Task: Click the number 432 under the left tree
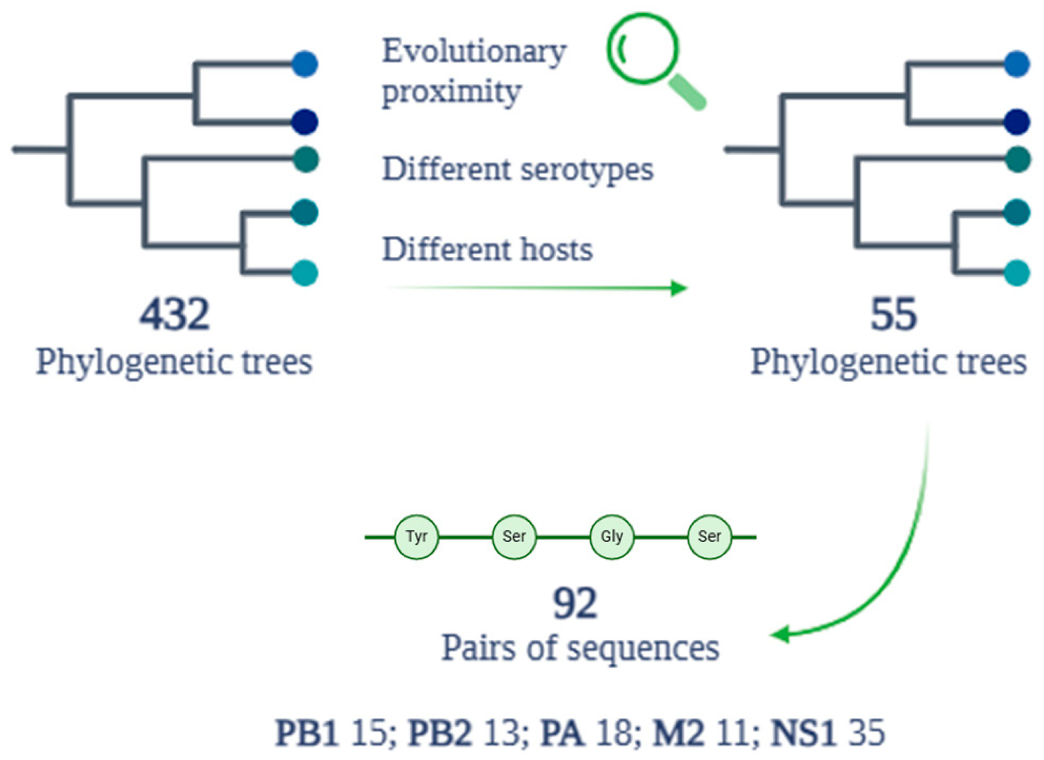174,315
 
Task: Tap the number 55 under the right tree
893,315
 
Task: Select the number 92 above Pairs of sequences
575,604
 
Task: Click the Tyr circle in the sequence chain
416,537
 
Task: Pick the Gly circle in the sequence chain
612,537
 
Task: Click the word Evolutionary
474,51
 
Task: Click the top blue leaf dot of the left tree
305,64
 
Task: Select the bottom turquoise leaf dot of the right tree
1017,273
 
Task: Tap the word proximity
452,92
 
